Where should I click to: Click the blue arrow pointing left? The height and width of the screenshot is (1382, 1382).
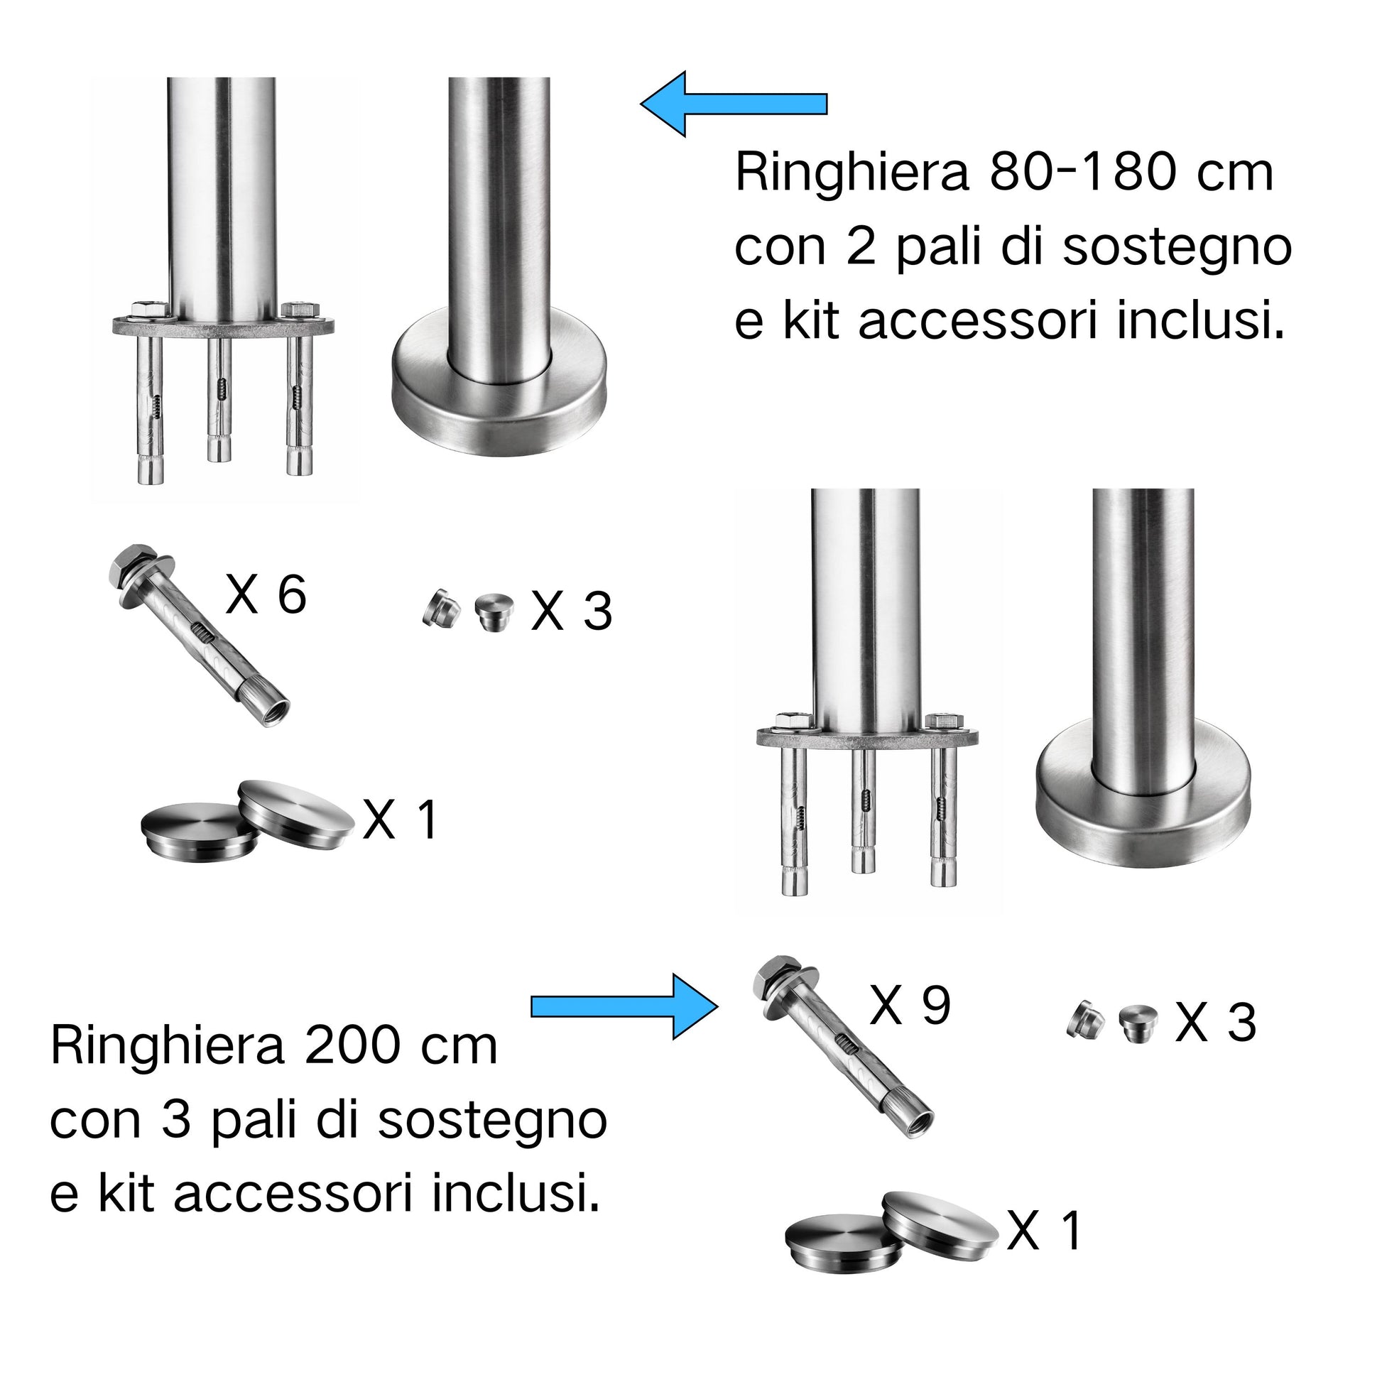point(733,104)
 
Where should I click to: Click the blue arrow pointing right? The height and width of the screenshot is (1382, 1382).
point(624,1006)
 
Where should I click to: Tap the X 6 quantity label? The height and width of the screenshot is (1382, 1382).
point(266,594)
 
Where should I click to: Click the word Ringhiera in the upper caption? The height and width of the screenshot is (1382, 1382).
point(852,174)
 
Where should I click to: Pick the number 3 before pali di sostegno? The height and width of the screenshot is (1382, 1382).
point(176,1121)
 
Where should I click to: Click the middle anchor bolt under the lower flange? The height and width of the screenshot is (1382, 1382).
point(864,810)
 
